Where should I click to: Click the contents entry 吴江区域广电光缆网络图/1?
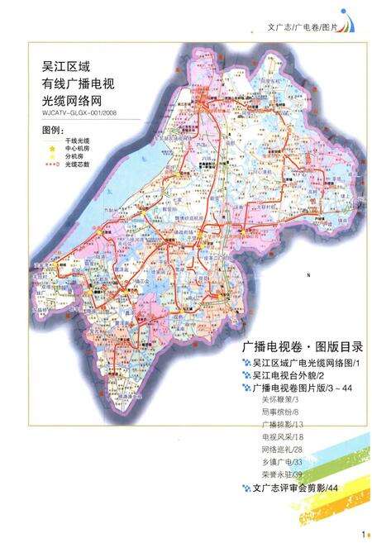(303, 363)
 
